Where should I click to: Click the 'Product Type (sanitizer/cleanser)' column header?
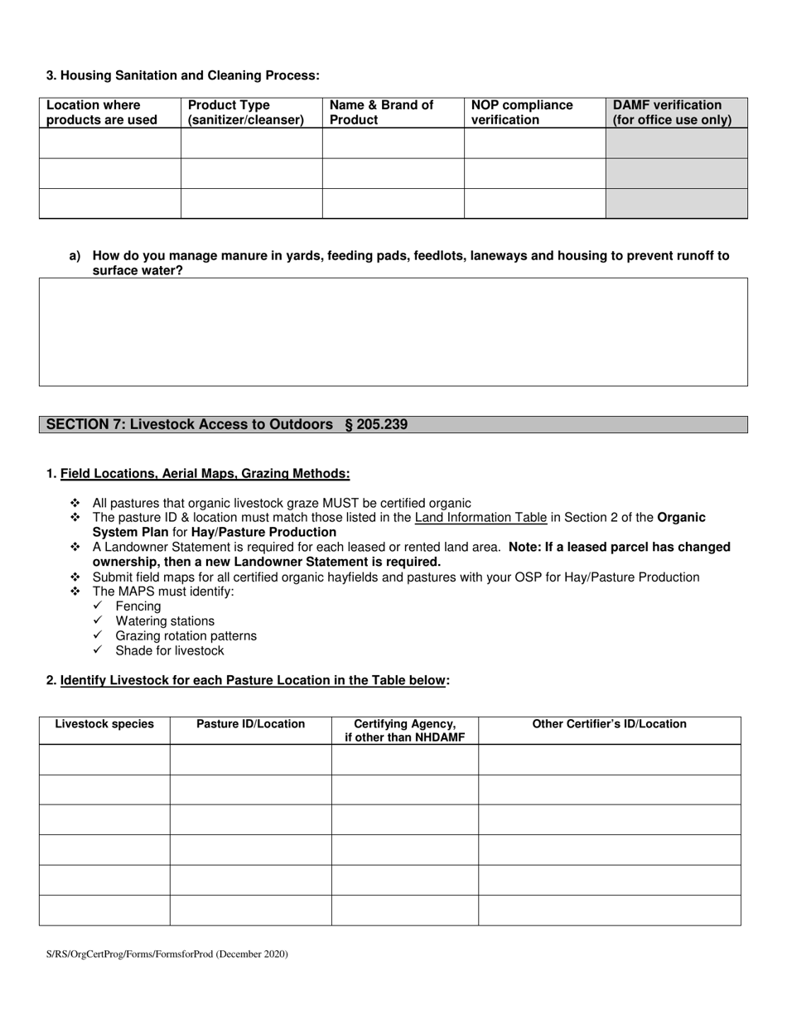[246, 113]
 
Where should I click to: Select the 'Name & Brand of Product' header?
[381, 113]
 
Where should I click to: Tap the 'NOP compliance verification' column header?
[522, 113]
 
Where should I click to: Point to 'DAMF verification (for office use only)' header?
[672, 113]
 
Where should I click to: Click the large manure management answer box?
[393, 331]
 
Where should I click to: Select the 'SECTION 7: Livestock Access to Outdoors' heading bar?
[393, 425]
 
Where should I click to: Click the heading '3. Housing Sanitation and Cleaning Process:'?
[182, 75]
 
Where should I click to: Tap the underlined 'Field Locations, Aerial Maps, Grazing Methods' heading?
[205, 474]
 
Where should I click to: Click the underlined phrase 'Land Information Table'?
[480, 518]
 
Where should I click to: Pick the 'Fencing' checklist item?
[138, 606]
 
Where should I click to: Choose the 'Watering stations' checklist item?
[165, 621]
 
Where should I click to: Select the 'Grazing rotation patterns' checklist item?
[186, 636]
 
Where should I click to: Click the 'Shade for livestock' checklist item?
[170, 651]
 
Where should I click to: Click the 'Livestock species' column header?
[104, 724]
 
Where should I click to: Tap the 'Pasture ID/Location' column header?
[250, 724]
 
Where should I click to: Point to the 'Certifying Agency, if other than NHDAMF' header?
[404, 731]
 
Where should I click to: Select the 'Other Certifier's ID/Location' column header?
[609, 724]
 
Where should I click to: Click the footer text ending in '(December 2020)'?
[167, 954]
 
